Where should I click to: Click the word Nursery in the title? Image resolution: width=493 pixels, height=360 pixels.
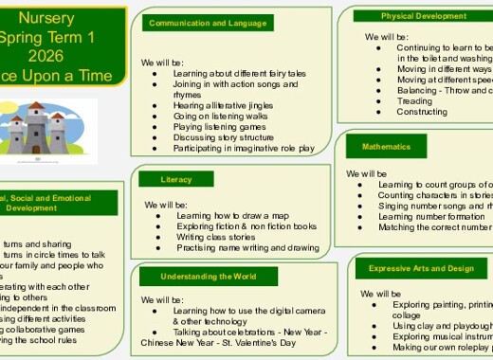pos(64,18)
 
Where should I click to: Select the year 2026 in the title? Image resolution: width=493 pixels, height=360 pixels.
pos(64,56)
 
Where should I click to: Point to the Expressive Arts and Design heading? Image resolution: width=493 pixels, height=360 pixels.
pos(421,268)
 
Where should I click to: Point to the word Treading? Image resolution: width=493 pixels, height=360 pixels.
pos(414,100)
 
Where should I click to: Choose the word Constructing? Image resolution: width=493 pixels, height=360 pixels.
pos(422,112)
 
